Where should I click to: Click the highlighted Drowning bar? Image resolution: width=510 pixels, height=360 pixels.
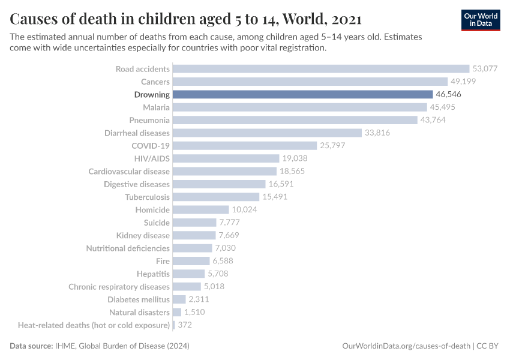coord(302,94)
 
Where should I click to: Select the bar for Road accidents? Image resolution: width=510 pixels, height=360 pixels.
coord(321,69)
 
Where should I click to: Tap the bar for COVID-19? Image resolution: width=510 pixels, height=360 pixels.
coord(245,146)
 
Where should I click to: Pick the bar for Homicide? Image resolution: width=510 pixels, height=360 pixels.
coord(201,210)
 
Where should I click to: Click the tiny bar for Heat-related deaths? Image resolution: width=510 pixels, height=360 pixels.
coord(173,325)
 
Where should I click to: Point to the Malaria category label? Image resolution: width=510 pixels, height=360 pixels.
coord(156,107)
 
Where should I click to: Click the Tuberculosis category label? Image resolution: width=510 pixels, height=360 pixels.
coord(147,197)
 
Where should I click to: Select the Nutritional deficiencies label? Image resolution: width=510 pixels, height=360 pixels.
coord(128,248)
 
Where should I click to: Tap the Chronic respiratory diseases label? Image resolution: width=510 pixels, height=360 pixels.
coord(119,287)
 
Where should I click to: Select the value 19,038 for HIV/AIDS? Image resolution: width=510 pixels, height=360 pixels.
coord(295,158)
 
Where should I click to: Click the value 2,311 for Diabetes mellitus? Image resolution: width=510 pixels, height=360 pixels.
coord(201,299)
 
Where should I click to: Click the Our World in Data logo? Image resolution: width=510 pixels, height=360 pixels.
coord(481,20)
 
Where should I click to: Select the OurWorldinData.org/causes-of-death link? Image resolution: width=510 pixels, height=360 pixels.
coord(406,346)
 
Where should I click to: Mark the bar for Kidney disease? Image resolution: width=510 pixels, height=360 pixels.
coord(194,235)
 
